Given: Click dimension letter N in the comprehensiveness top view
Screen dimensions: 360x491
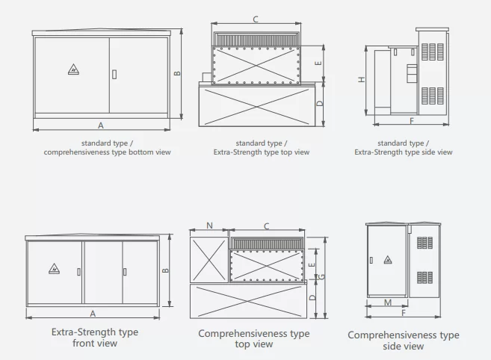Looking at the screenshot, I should tap(209, 225).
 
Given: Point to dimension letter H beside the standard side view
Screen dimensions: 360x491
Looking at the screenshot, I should tap(361, 79).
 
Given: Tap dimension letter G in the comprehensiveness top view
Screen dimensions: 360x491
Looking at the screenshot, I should tap(321, 276).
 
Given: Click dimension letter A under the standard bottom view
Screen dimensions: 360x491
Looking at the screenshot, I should tap(100, 125).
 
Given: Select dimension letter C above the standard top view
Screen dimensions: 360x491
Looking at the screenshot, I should tap(256, 19).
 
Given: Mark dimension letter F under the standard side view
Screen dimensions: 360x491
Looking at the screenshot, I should tap(411, 120).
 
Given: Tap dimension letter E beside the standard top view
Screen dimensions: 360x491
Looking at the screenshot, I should tap(318, 64).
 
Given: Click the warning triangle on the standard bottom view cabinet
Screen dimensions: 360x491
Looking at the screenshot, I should tap(73, 71).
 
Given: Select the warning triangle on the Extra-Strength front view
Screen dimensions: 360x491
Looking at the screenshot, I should tap(54, 269).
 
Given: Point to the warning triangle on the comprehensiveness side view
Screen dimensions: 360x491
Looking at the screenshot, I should tap(387, 260).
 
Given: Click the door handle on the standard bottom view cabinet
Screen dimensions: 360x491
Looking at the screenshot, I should tap(114, 73).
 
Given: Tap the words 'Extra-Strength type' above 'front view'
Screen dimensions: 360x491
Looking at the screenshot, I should tap(94, 332).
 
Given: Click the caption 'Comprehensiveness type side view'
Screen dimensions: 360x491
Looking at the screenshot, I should tap(403, 341).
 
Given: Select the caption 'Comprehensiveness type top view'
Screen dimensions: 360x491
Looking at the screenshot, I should tap(253, 338).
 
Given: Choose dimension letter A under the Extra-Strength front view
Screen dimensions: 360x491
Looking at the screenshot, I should tap(93, 314).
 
